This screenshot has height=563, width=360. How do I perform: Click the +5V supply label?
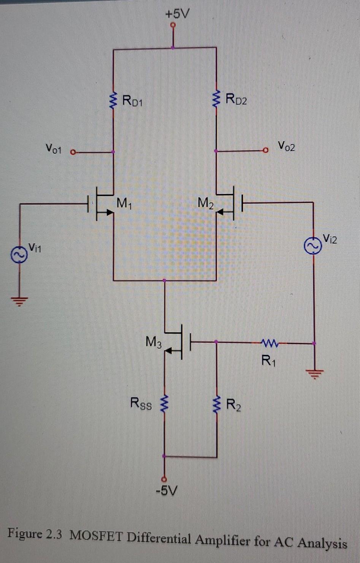coord(177,14)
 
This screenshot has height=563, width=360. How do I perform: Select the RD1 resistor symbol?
coord(113,101)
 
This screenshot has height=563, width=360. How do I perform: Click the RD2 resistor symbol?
coord(216,100)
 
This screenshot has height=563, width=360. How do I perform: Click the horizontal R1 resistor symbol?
coord(270,343)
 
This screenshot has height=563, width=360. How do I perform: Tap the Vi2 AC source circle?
coord(312,246)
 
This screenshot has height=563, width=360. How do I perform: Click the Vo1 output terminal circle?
coord(73,152)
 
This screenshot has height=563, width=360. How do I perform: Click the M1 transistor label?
coord(124,204)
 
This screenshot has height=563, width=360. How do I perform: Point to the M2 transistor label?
coord(206,203)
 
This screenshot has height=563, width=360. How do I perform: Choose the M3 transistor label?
coord(154,342)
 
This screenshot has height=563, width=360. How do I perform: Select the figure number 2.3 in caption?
coord(54,534)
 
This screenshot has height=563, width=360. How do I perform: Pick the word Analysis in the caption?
coord(322,543)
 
